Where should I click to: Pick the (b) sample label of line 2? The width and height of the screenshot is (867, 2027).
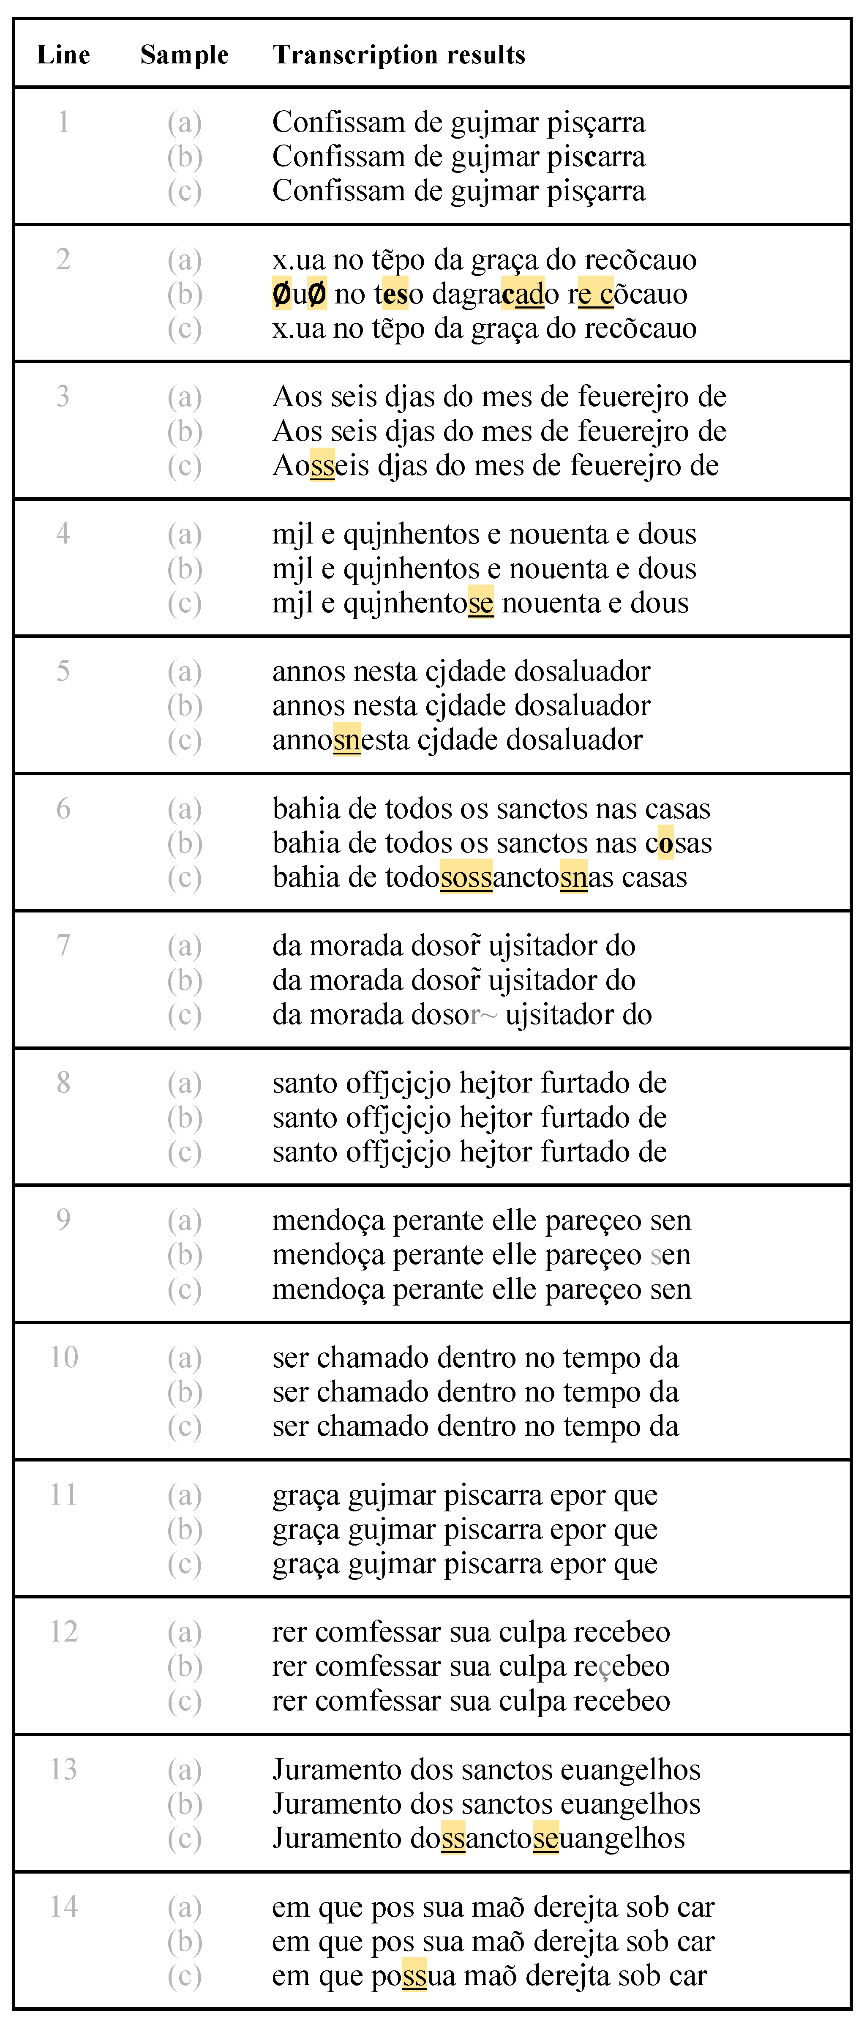click(x=184, y=294)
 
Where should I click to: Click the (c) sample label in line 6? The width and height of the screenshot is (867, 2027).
click(x=184, y=877)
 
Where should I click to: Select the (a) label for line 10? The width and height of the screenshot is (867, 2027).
click(x=184, y=1358)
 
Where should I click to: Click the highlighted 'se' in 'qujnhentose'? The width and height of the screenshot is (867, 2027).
click(x=481, y=603)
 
